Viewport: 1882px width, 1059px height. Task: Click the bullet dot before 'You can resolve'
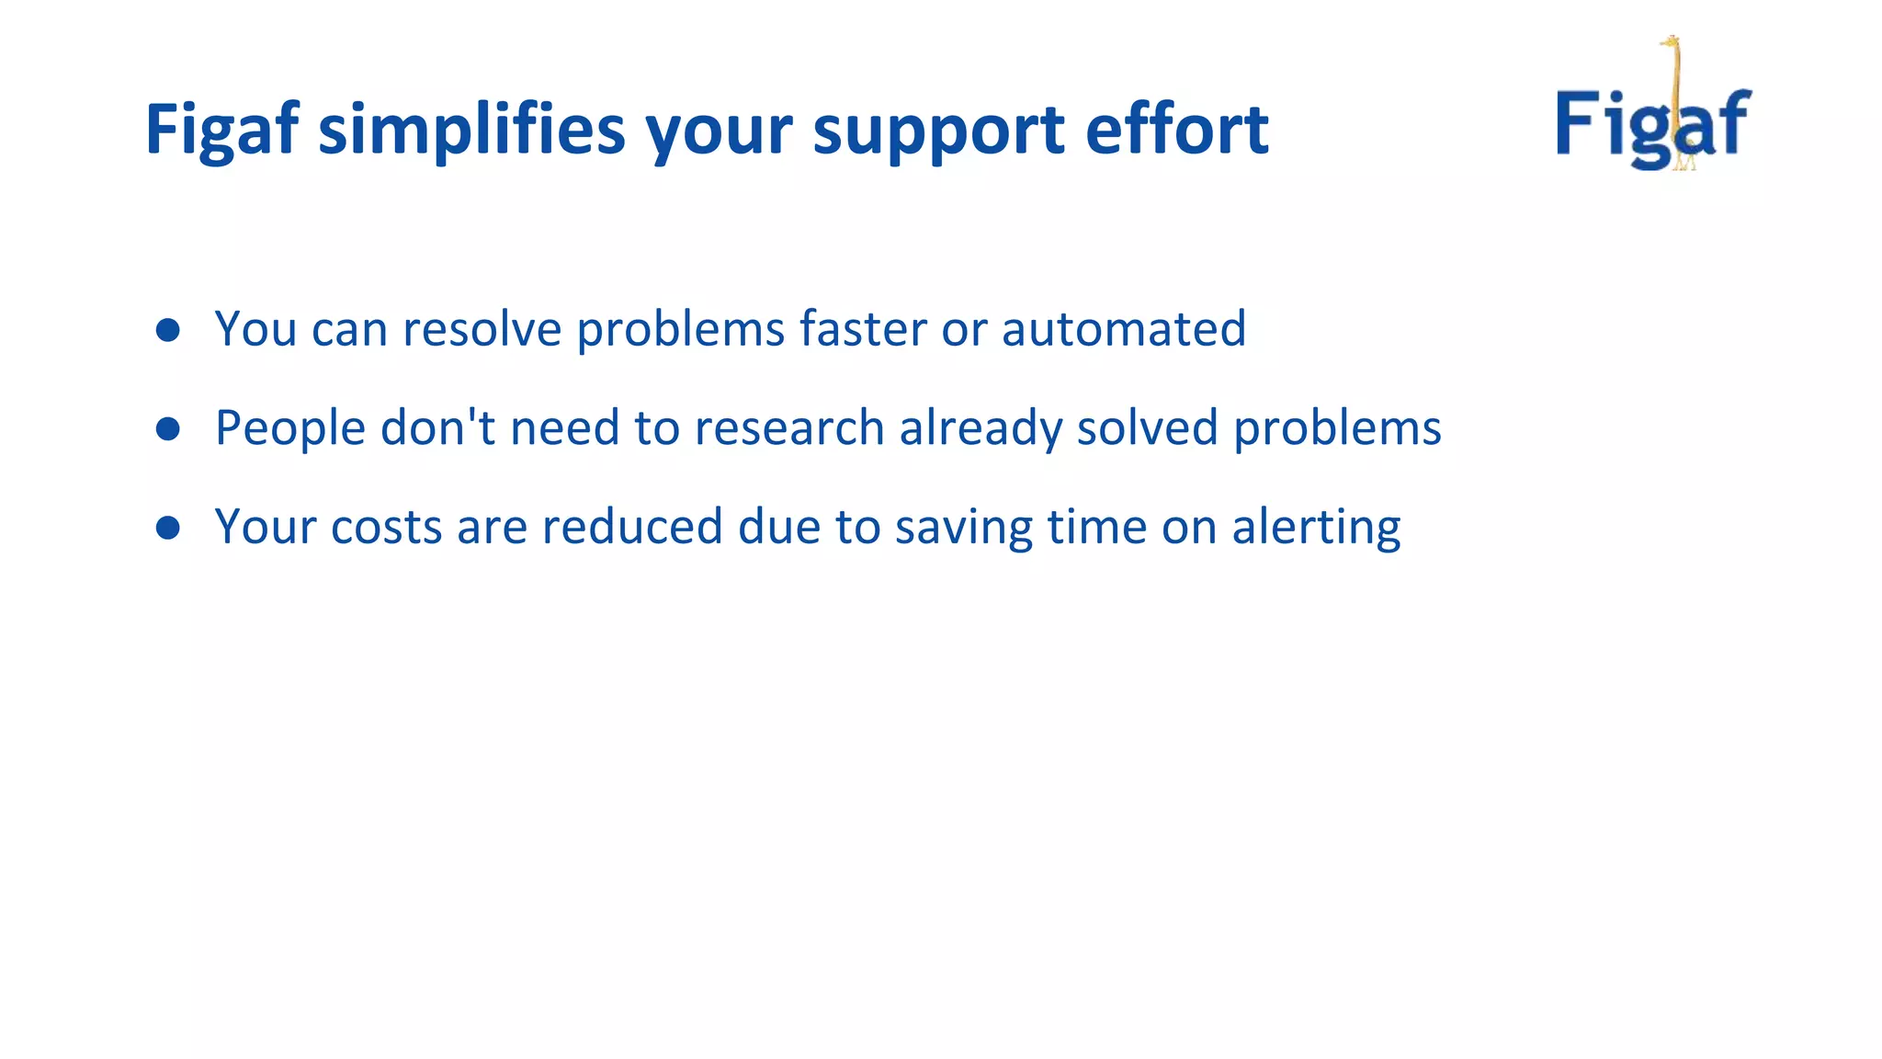(x=167, y=330)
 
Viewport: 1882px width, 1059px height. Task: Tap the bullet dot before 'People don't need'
(x=167, y=428)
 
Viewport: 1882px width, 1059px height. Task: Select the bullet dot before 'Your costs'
(x=167, y=528)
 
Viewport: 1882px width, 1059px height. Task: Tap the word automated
(x=1123, y=329)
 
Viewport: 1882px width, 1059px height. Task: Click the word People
(x=290, y=428)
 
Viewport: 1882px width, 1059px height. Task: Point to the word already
(x=980, y=430)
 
